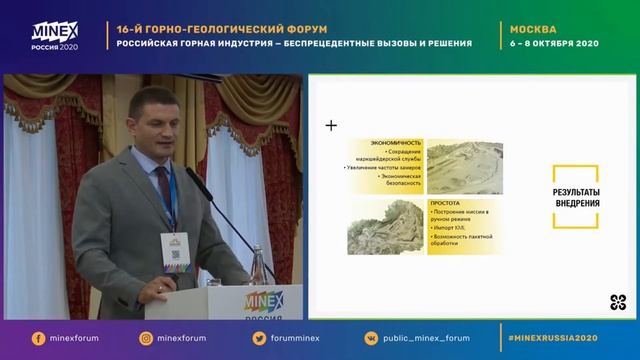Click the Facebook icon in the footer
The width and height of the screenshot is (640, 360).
tap(38, 338)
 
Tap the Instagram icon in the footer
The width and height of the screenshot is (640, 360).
tap(146, 338)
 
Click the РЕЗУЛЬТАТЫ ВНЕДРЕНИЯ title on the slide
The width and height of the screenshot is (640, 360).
tap(576, 196)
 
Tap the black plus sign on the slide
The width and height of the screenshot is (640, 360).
tap(331, 126)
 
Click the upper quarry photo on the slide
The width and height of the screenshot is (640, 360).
tap(463, 167)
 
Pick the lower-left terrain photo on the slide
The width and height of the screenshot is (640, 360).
tap(386, 227)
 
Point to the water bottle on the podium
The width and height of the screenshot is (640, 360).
tap(266, 270)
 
